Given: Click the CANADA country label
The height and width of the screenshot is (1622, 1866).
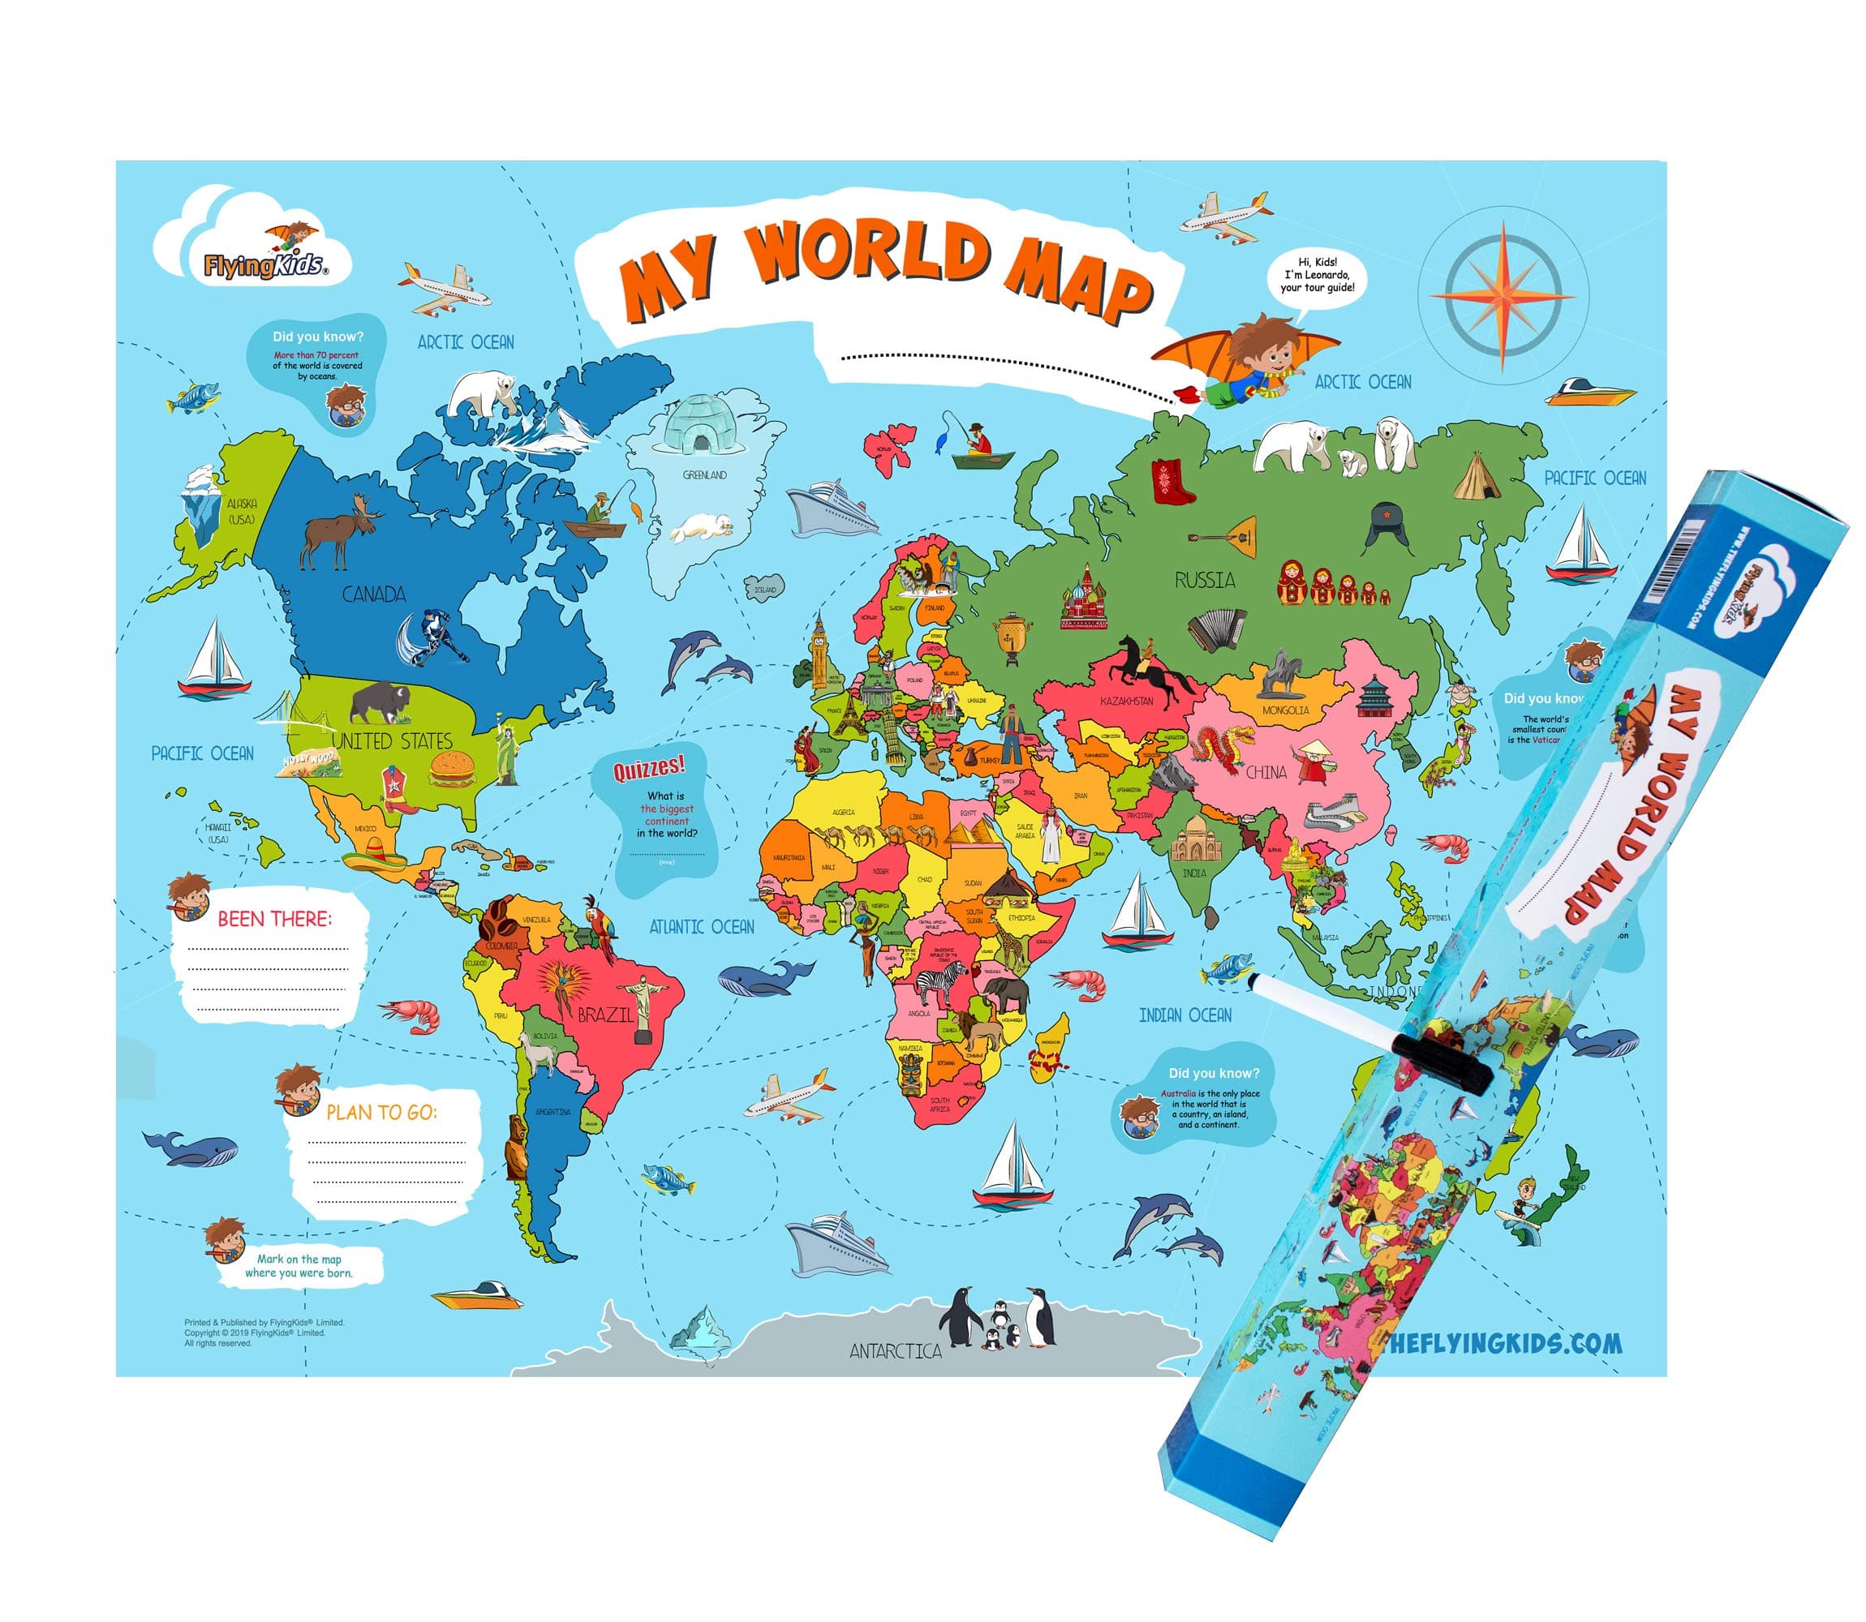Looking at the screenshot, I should pyautogui.click(x=373, y=594).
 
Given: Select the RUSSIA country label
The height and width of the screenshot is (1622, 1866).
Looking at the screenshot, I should pyautogui.click(x=1204, y=580).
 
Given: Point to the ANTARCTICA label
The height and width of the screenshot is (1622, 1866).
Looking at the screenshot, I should pyautogui.click(x=895, y=1351).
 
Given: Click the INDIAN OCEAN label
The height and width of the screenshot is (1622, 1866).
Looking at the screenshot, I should pyautogui.click(x=1185, y=1015).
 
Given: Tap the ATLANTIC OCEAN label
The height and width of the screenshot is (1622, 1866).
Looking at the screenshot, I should pyautogui.click(x=702, y=927).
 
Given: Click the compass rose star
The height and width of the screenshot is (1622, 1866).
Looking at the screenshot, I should pyautogui.click(x=1502, y=296).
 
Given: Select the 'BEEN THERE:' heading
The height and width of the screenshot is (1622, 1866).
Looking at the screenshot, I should pyautogui.click(x=274, y=920).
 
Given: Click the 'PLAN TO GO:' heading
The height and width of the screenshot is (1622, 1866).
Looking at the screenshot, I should pyautogui.click(x=381, y=1113).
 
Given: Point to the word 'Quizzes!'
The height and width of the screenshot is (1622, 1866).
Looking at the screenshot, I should pyautogui.click(x=648, y=769).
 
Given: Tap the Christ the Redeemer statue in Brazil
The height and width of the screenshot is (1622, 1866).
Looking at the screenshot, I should pyautogui.click(x=643, y=1005).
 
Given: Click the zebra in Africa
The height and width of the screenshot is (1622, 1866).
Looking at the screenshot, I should pyautogui.click(x=943, y=981).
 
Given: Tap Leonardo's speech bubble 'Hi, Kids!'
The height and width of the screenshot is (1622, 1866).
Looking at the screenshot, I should pyautogui.click(x=1317, y=275).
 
